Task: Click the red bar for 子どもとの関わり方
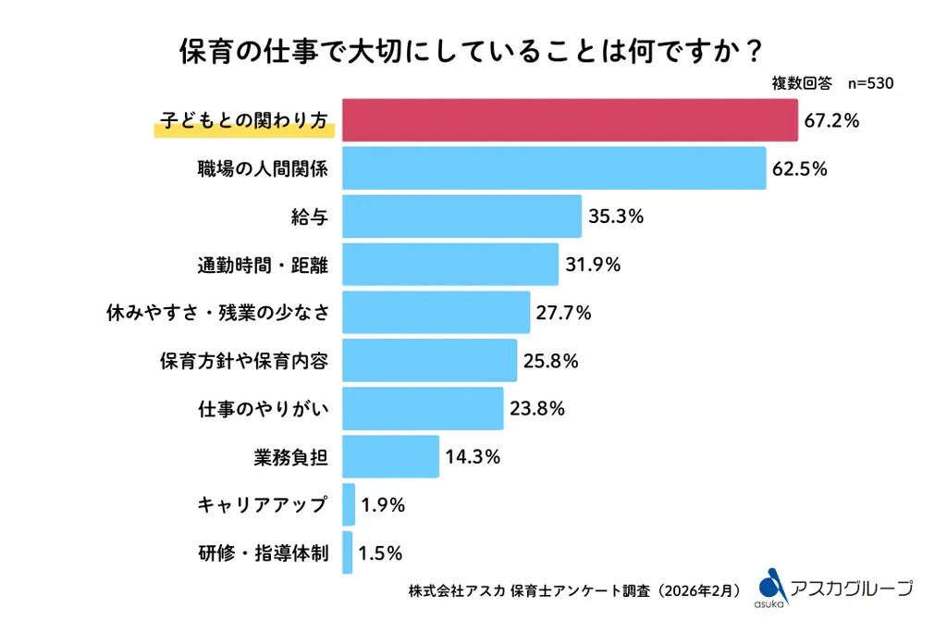point(570,120)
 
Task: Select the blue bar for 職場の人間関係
point(554,168)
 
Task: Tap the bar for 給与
point(461,217)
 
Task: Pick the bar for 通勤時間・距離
point(450,265)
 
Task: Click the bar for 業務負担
point(390,456)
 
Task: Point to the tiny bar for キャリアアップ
point(349,504)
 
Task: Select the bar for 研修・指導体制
point(348,552)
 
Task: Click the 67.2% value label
point(831,120)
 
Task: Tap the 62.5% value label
point(799,169)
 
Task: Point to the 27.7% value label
point(563,313)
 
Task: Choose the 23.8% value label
point(536,409)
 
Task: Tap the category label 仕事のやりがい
point(264,409)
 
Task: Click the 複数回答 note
point(801,83)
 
